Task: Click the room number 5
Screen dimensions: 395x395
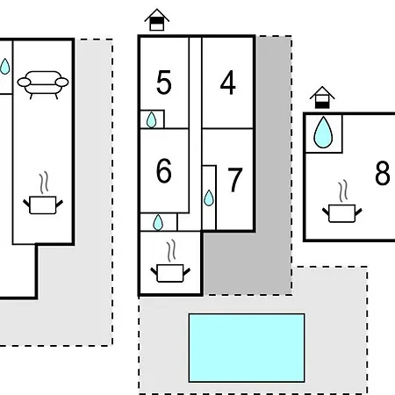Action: pyautogui.click(x=164, y=83)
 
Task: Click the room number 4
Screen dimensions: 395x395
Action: pyautogui.click(x=227, y=83)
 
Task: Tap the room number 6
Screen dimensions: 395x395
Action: pyautogui.click(x=164, y=171)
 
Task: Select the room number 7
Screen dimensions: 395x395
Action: pyautogui.click(x=235, y=180)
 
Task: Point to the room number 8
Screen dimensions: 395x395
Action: pyautogui.click(x=383, y=173)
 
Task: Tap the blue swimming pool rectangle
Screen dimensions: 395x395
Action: pyautogui.click(x=247, y=348)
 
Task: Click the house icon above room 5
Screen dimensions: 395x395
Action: pyautogui.click(x=157, y=20)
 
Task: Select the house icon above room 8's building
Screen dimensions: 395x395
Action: pyautogui.click(x=322, y=97)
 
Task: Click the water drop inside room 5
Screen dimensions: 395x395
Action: pyautogui.click(x=151, y=120)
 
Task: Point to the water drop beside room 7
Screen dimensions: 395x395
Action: pyautogui.click(x=209, y=198)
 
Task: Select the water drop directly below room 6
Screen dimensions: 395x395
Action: pyautogui.click(x=158, y=222)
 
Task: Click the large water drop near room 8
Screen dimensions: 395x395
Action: pyautogui.click(x=323, y=133)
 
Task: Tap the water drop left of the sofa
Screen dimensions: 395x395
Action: pyautogui.click(x=5, y=67)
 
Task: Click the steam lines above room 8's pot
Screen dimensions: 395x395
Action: pyautogui.click(x=343, y=190)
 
